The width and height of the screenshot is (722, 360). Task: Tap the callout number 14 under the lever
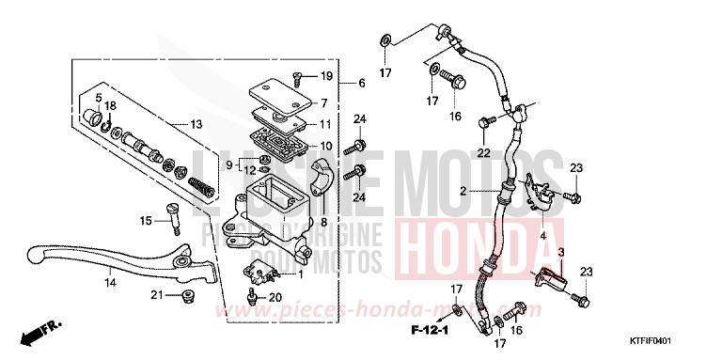[x=109, y=283]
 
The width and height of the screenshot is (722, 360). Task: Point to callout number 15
[x=146, y=221]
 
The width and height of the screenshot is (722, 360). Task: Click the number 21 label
[x=157, y=295]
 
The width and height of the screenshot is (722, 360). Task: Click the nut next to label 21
[x=187, y=296]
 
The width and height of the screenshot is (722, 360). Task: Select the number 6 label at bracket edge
[x=361, y=83]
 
